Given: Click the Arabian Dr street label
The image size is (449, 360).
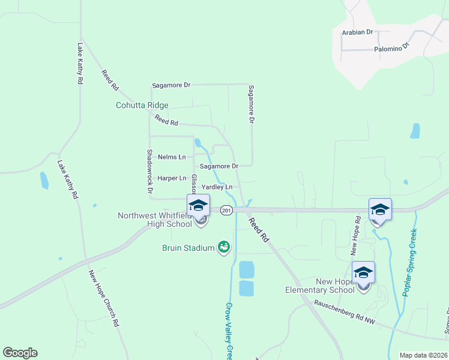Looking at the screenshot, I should pos(357,32).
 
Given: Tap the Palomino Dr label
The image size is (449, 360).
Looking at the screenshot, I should pos(391,47).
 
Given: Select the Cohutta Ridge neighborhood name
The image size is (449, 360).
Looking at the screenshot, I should pos(142,105).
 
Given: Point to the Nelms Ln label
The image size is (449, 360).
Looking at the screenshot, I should pos(172,157).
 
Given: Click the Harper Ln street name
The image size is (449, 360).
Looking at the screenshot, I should pos(172,178).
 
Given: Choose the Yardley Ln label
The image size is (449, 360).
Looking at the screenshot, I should pos(217,187).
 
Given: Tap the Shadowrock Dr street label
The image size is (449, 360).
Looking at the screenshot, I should pos(149,171).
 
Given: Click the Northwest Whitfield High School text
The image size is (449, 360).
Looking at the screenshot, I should pos(155,220).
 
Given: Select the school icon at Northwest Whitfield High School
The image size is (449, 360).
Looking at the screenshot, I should pos(197,206).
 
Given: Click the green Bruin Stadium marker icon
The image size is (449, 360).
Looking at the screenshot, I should pos(224,247).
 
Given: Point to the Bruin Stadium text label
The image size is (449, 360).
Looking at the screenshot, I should pos(188,248).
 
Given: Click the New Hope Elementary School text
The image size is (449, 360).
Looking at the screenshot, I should pos(320,286).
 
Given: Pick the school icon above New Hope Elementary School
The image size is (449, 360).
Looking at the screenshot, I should pos(363,272).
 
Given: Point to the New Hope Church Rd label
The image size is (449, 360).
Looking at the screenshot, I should pos(104,298).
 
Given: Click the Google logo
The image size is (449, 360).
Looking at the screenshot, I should pos(20,353).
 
